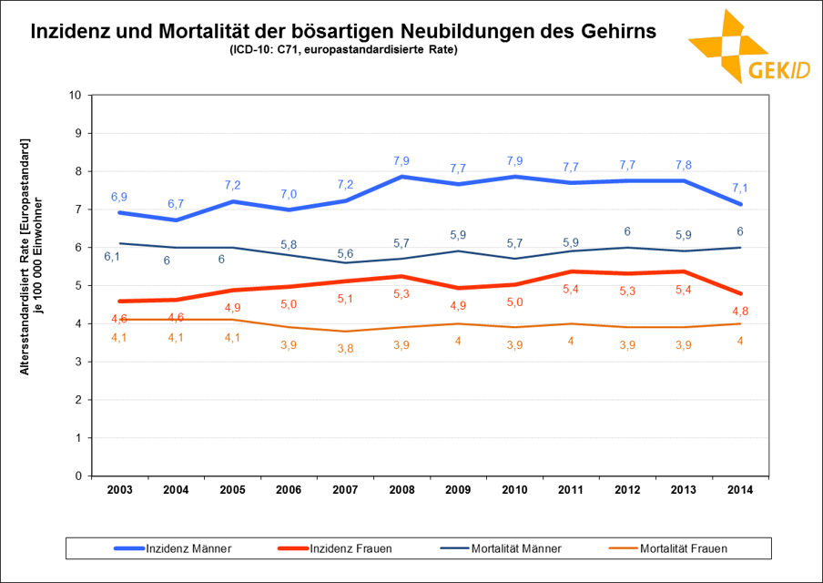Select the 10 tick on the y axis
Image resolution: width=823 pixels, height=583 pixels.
coord(76,95)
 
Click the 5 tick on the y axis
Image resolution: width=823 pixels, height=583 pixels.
coord(79,285)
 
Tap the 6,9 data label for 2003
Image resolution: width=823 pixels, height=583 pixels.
coord(119,197)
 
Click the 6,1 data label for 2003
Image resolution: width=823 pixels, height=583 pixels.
coord(112,257)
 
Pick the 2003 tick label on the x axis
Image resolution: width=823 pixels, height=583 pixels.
coord(119,489)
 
